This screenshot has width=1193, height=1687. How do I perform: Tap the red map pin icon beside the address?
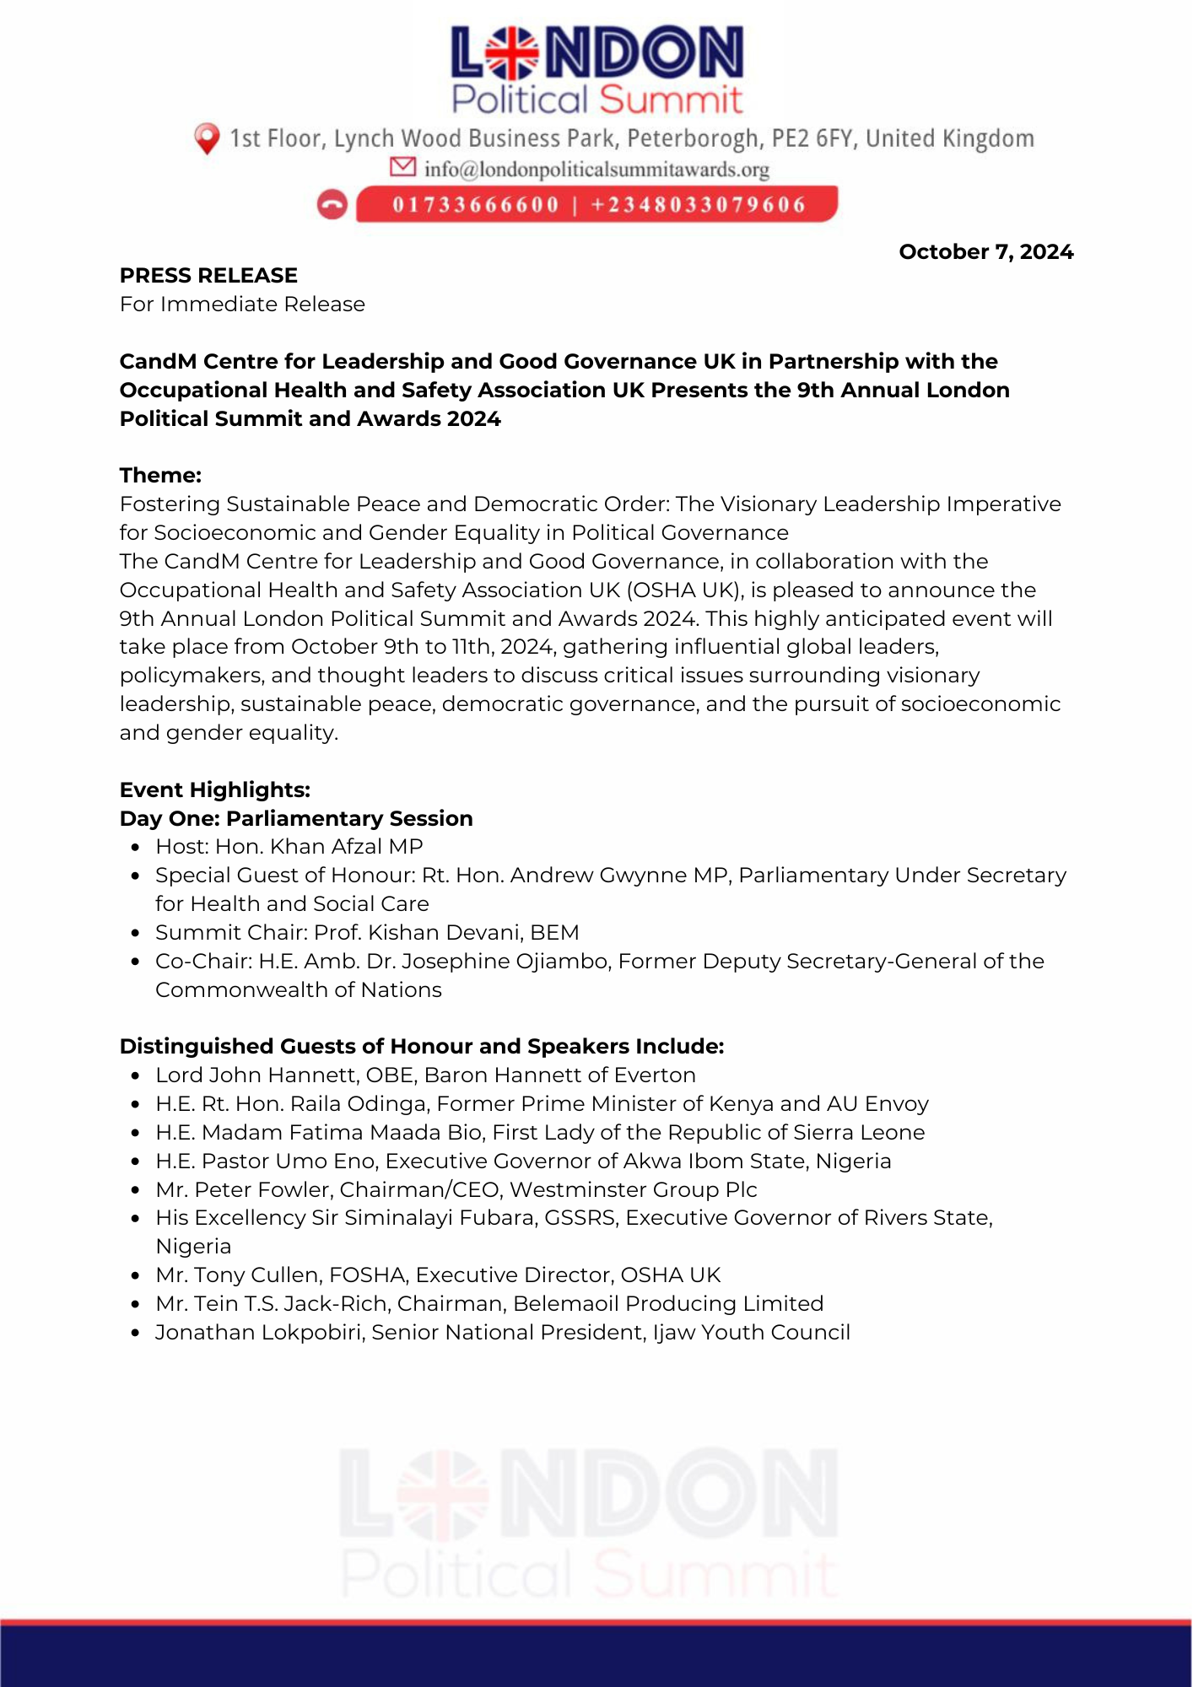click(207, 138)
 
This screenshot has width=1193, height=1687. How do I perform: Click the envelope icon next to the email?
click(402, 167)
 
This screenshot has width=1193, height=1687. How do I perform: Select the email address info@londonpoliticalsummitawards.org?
click(596, 170)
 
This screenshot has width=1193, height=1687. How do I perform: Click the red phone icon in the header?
click(332, 205)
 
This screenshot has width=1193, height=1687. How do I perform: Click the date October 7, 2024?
click(985, 251)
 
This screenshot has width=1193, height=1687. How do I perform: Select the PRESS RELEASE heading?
click(208, 275)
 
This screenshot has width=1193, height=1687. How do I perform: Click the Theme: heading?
click(160, 475)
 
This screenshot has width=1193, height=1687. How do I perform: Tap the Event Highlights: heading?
click(215, 790)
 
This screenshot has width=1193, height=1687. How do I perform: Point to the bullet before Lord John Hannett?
click(135, 1076)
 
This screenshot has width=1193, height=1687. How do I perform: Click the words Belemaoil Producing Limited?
click(668, 1303)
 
